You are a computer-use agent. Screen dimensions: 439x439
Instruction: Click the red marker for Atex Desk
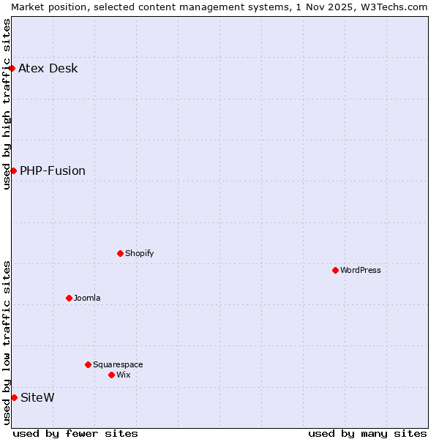(x=12, y=68)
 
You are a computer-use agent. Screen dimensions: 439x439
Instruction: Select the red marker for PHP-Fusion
(x=13, y=170)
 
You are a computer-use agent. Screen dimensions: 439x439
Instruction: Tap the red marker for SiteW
(x=14, y=397)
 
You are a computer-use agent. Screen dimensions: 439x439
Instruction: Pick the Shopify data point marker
(x=120, y=253)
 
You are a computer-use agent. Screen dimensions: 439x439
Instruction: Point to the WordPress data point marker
(x=335, y=270)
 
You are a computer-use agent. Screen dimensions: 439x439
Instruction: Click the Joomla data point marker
(x=69, y=298)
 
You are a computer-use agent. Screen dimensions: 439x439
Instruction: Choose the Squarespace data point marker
(x=88, y=364)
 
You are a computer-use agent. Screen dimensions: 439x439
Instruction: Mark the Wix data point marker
(x=111, y=375)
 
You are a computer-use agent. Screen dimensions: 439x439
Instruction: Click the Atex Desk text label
(x=48, y=69)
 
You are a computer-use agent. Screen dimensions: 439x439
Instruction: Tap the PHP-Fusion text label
(x=53, y=171)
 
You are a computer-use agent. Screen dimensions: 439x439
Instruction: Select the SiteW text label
(x=37, y=398)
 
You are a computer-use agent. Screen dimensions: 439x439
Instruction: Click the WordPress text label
(x=361, y=271)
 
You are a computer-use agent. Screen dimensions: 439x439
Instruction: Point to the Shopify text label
(x=140, y=254)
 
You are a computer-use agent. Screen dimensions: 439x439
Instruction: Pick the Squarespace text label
(x=118, y=365)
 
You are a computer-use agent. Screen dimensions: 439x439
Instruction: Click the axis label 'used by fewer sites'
(x=75, y=433)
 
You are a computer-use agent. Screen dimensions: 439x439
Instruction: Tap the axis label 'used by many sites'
(x=367, y=433)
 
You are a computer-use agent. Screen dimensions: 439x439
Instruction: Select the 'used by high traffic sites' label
(x=7, y=104)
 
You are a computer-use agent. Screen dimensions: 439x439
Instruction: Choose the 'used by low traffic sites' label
(x=7, y=342)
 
